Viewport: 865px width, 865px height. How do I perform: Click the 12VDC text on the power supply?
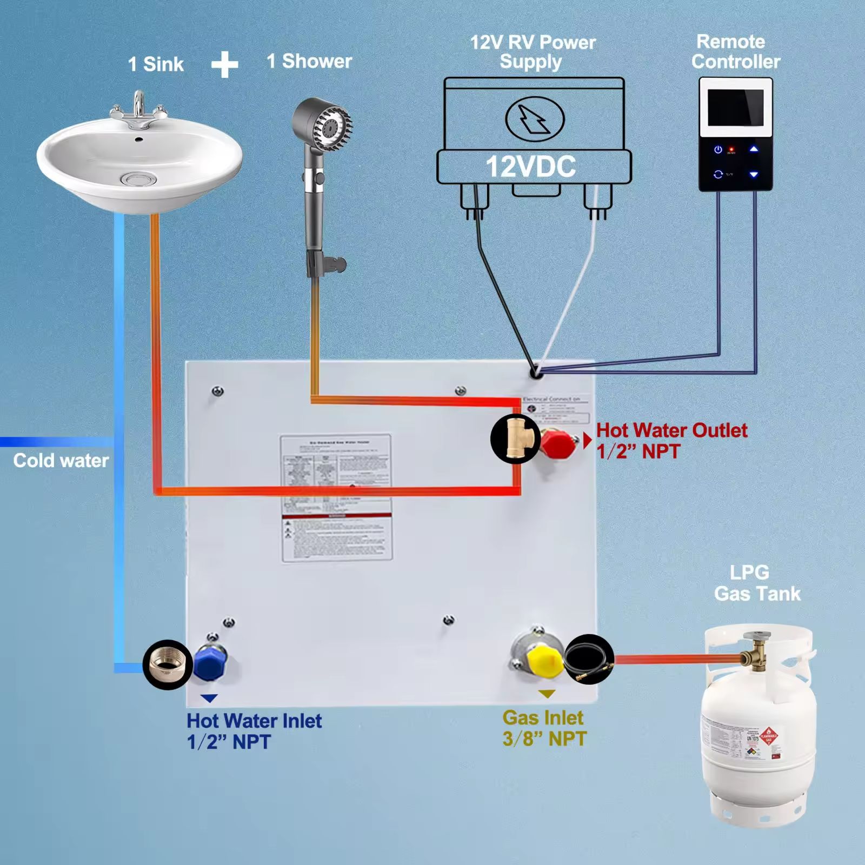click(531, 167)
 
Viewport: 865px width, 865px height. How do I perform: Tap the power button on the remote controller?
click(718, 150)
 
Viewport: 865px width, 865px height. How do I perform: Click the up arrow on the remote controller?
click(754, 149)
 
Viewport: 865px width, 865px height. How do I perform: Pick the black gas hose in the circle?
click(589, 659)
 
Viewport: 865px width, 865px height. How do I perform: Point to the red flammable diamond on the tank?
click(768, 737)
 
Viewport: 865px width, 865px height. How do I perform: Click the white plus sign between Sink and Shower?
click(224, 65)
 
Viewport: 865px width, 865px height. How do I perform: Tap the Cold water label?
click(61, 461)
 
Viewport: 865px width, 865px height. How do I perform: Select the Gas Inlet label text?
click(543, 718)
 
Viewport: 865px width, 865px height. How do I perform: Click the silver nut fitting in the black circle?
click(168, 664)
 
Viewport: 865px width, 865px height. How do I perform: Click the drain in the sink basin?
click(131, 178)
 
